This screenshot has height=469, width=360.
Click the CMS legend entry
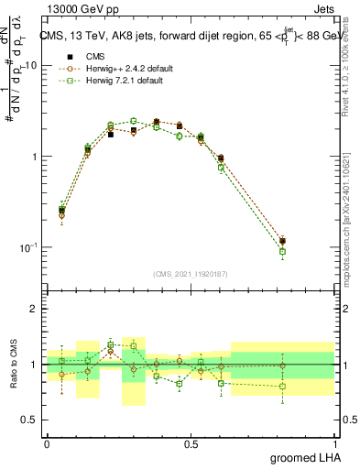click(x=92, y=56)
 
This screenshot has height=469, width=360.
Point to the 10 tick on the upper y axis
click(x=31, y=66)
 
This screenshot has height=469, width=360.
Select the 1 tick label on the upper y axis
click(x=35, y=157)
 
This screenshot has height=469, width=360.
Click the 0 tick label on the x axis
click(x=47, y=442)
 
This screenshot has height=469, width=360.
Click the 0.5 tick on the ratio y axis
click(x=29, y=420)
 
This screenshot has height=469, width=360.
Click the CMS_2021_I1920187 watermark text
click(x=191, y=273)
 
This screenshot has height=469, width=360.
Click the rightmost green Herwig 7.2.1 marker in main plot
click(x=283, y=251)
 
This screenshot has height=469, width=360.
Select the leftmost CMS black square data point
click(x=61, y=210)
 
